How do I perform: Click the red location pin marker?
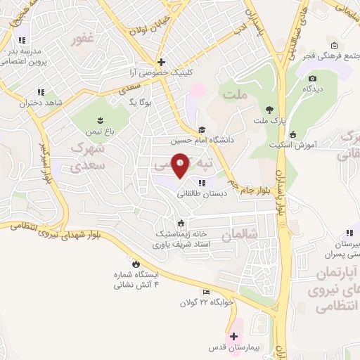coord(181,165)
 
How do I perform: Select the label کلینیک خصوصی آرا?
coord(162,72)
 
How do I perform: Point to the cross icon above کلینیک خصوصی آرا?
coord(162,62)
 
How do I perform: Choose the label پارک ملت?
coord(270,120)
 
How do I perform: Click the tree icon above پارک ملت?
coord(269,109)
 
